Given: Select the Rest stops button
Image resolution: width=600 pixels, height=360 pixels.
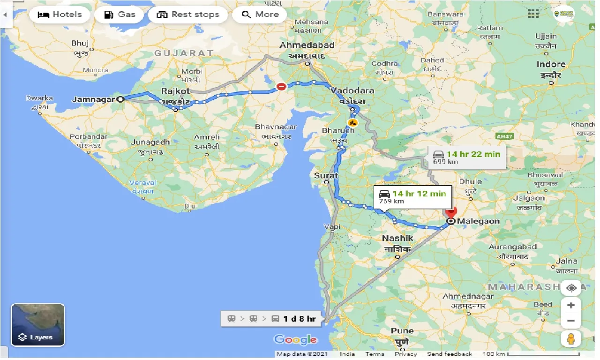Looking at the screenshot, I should (188, 15).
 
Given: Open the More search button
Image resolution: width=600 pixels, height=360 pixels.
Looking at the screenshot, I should (261, 15).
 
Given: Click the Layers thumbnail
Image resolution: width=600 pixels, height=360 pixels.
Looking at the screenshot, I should (38, 324).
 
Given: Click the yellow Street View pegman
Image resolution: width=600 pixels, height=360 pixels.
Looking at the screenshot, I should (571, 338).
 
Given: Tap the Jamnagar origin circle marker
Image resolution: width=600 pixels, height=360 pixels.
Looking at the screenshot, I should (120, 99).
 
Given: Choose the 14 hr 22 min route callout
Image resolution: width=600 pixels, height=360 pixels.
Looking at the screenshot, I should (467, 157).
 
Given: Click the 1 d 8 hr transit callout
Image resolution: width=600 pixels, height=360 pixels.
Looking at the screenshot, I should (272, 319).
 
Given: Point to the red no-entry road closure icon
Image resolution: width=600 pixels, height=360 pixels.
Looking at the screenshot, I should (281, 86).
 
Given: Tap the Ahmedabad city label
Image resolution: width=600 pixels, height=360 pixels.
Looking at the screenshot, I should (307, 45).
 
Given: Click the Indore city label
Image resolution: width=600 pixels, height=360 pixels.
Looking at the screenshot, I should (551, 65).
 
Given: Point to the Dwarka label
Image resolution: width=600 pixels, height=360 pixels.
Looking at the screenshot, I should (39, 99).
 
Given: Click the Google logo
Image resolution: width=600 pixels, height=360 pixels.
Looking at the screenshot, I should (295, 339).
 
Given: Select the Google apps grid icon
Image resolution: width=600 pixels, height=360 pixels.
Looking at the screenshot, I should (533, 14).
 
